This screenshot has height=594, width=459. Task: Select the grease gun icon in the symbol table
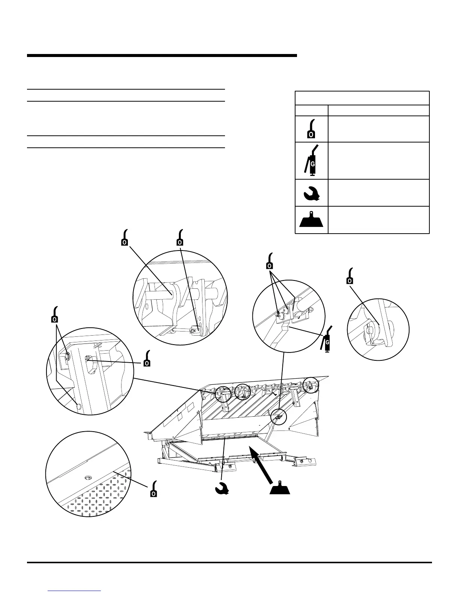312,160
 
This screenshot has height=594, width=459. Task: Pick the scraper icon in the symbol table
312,220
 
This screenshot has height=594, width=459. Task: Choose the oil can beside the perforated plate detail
154,489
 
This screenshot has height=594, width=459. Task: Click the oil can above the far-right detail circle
350,276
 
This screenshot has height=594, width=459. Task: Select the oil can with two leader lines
55,315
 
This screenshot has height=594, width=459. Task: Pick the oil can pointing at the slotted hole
147,358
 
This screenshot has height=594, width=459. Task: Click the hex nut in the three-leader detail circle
310,310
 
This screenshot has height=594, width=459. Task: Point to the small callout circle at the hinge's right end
310,385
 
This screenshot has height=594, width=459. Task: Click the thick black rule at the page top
162,56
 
